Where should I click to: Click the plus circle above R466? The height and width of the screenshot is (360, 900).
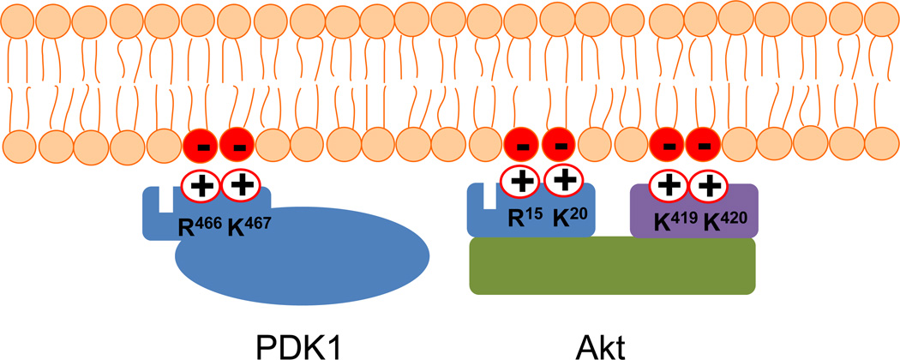(x=201, y=183)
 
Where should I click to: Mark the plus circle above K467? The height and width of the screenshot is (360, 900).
(x=242, y=183)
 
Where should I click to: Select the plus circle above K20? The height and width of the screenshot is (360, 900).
(x=563, y=182)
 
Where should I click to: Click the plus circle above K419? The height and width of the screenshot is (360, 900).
(x=669, y=183)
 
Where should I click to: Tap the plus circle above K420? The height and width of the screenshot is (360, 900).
(x=710, y=183)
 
